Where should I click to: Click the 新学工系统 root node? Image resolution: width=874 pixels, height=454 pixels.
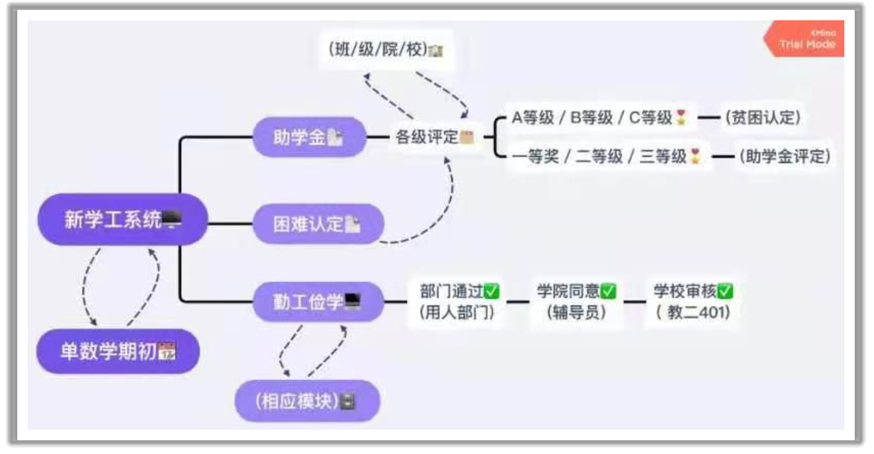coord(123,219)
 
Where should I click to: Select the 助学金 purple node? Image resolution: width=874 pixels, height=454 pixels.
coord(309,137)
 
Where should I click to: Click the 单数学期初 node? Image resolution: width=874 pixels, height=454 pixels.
coord(118,351)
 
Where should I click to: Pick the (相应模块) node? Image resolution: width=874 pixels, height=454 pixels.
coord(307,401)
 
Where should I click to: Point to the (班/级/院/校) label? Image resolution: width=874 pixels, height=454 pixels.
coord(385,49)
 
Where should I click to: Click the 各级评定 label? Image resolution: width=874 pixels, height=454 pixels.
coord(434,137)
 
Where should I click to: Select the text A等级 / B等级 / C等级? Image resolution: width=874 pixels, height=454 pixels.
coord(591,118)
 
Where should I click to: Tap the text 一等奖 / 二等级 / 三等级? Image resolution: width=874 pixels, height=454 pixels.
coord(599,157)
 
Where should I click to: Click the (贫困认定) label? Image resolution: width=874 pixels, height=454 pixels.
coord(763,118)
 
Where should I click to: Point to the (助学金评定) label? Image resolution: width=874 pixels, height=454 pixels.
coord(785,157)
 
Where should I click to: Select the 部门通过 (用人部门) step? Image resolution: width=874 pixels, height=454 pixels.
coord(458,301)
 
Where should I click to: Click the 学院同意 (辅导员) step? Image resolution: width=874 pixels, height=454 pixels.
coord(576,301)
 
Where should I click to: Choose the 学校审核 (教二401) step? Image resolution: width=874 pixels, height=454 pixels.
coord(693,301)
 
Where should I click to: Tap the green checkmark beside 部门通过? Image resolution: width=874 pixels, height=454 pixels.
coord(491,291)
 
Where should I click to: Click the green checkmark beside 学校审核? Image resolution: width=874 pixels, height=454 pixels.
coord(725,291)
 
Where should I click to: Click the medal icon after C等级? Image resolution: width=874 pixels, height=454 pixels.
coord(681,118)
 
